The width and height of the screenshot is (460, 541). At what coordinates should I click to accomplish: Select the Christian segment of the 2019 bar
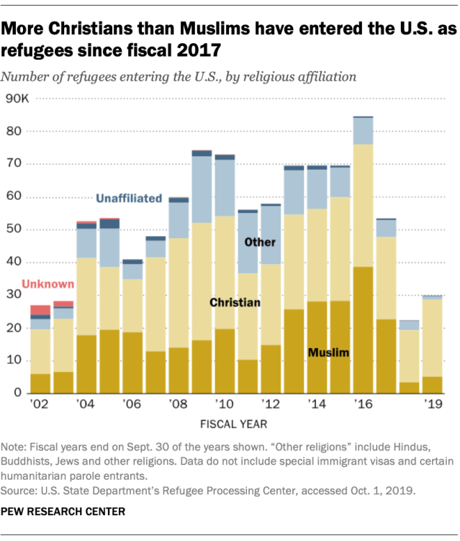[432, 337]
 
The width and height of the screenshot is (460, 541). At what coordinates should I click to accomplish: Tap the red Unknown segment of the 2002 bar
[40, 310]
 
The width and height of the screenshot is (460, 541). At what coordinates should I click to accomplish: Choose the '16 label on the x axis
[363, 404]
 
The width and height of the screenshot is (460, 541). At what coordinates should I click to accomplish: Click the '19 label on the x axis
[432, 404]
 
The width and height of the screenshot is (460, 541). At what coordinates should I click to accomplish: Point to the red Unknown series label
[48, 285]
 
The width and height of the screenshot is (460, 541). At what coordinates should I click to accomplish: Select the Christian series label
[235, 303]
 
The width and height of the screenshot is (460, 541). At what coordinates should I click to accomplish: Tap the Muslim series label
[328, 353]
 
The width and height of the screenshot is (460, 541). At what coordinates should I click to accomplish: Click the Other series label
[261, 242]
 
